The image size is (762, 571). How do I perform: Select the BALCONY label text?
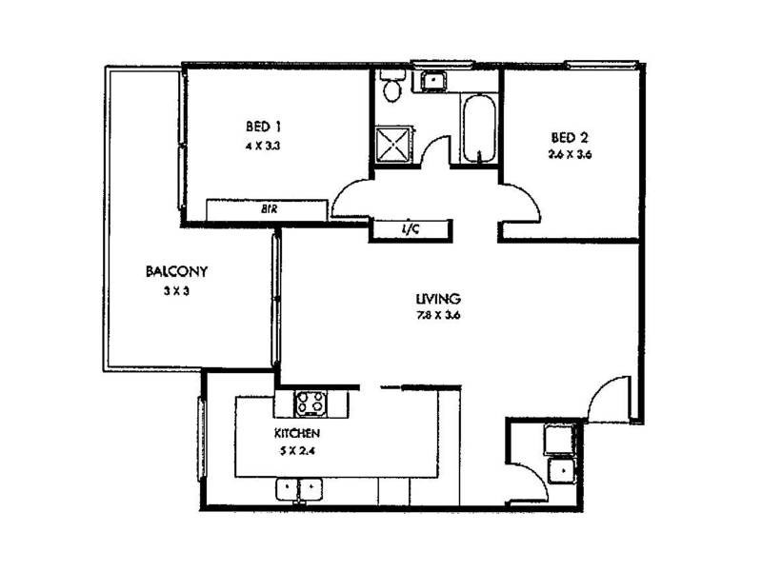tap(177, 271)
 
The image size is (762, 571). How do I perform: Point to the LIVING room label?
tap(437, 298)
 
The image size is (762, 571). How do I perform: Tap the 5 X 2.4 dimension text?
tap(296, 451)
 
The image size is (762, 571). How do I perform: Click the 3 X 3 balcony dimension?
tap(177, 292)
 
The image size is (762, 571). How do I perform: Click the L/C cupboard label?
tap(411, 228)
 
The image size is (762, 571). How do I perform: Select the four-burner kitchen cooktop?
tap(311, 404)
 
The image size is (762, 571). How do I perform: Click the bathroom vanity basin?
tap(432, 80)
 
